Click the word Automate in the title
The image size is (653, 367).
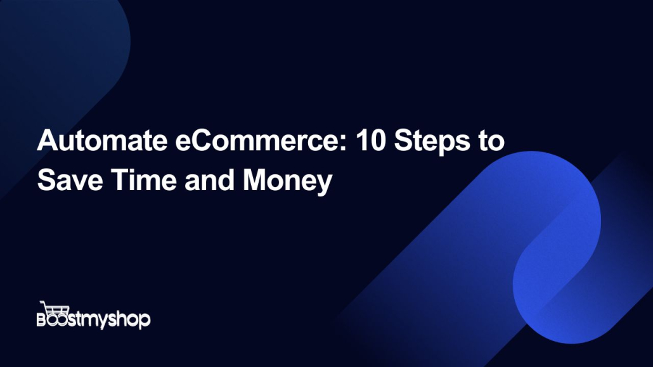coord(102,140)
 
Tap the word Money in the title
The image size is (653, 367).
coord(287,181)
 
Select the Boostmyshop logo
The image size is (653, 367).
coord(93,316)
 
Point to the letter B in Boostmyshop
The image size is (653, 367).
coord(42,319)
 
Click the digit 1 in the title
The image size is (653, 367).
coord(362,140)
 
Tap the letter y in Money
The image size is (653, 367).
coord(324,185)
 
